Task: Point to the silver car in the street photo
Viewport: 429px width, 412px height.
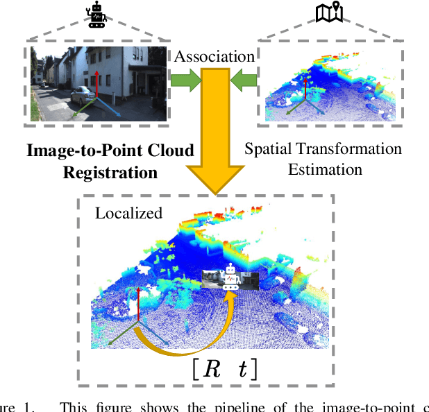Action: (82, 94)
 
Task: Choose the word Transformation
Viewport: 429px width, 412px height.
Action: (347, 149)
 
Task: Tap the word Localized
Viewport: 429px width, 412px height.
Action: (128, 213)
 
